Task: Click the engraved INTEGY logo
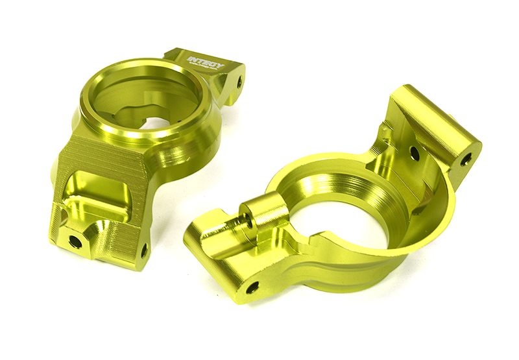coord(206,62)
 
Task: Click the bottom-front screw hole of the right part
coord(252,286)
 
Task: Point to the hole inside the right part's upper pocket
coord(414,153)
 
